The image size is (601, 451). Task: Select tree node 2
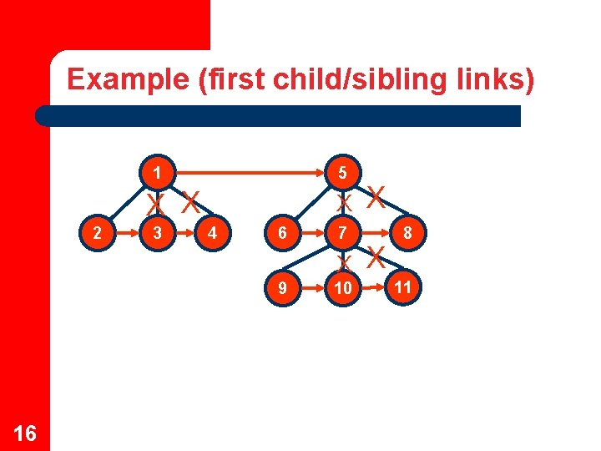pos(99,233)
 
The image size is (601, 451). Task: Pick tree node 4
pos(213,233)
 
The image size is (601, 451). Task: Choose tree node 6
pos(284,233)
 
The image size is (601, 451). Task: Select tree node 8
pos(407,233)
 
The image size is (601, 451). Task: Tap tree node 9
pos(284,288)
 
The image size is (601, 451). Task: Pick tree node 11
pos(404,287)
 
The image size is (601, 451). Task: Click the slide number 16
pos(25,433)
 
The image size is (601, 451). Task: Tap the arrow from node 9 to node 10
pos(313,288)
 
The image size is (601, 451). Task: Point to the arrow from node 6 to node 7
pos(313,233)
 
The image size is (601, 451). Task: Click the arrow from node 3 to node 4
pos(184,233)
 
